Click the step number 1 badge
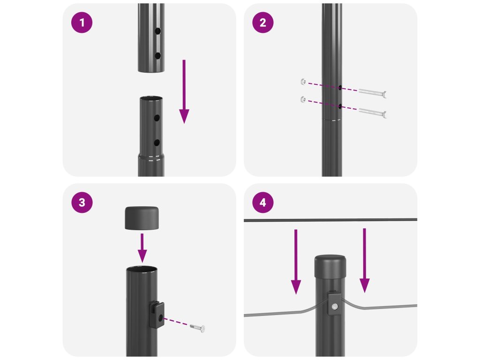coord(82,22)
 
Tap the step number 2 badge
coord(262,22)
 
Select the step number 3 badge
coord(82,202)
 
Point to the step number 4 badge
coord(262,202)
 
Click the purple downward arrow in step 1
coord(184,91)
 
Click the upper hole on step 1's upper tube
coord(157,31)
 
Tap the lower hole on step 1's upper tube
coord(157,56)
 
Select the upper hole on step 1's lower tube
coord(157,118)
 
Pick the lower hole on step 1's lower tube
coord(157,142)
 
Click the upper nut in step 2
coord(303,82)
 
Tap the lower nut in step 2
coord(303,99)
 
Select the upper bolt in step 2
coord(373,93)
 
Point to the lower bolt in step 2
coord(373,112)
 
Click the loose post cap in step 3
coord(142,218)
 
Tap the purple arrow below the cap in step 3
coord(142,248)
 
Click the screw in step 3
coord(197,328)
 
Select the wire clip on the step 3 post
coord(157,315)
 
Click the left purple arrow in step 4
coord(296,262)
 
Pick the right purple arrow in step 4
coord(364,261)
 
